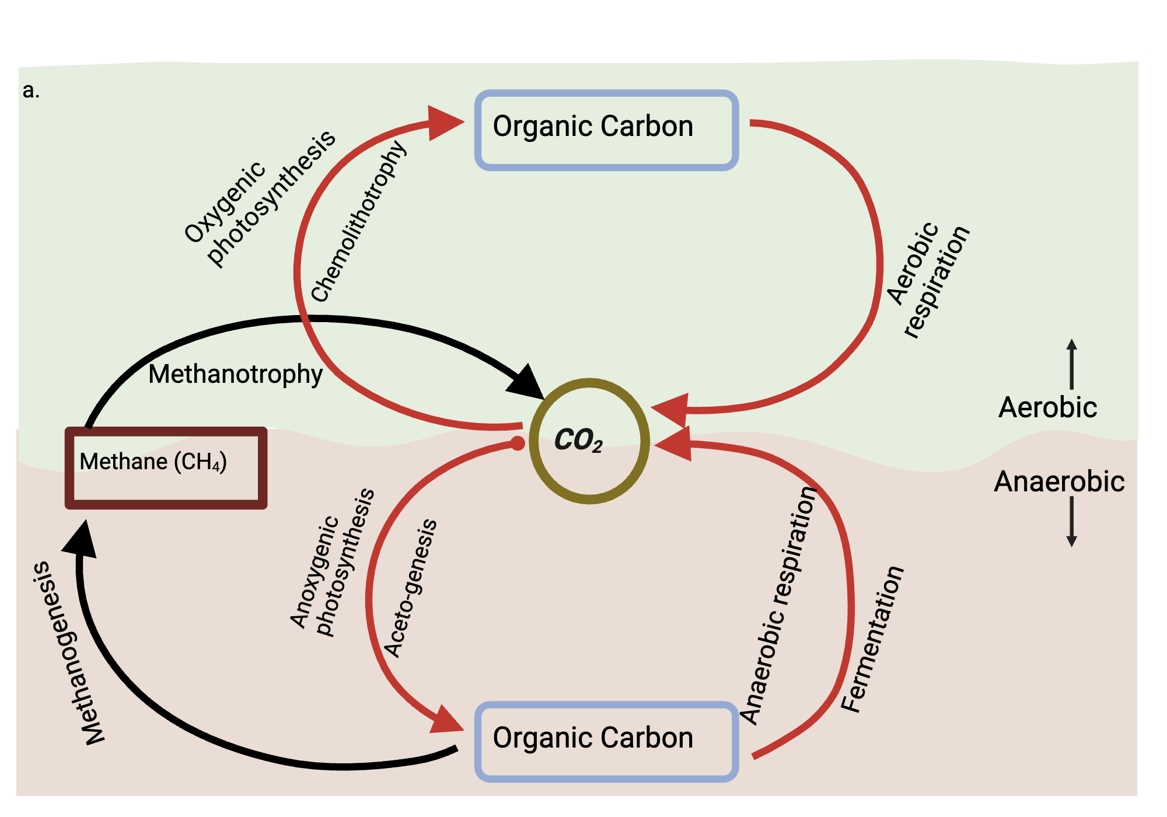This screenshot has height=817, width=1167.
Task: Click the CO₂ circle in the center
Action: (x=589, y=441)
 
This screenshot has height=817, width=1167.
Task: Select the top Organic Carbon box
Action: (x=607, y=130)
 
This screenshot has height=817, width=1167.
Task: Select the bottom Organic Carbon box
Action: (x=607, y=741)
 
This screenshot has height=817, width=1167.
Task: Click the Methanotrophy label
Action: (x=235, y=374)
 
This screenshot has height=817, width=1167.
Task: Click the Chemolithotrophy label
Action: (x=359, y=222)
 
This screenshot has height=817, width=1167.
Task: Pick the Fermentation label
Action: (x=872, y=639)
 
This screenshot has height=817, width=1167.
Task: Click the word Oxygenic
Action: (x=225, y=202)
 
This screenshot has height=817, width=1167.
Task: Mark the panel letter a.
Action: (x=31, y=90)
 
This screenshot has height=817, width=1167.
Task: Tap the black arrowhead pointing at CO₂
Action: (x=527, y=382)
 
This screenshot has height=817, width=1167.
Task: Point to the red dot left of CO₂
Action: (x=518, y=444)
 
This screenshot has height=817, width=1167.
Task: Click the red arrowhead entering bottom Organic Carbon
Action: (x=446, y=721)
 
